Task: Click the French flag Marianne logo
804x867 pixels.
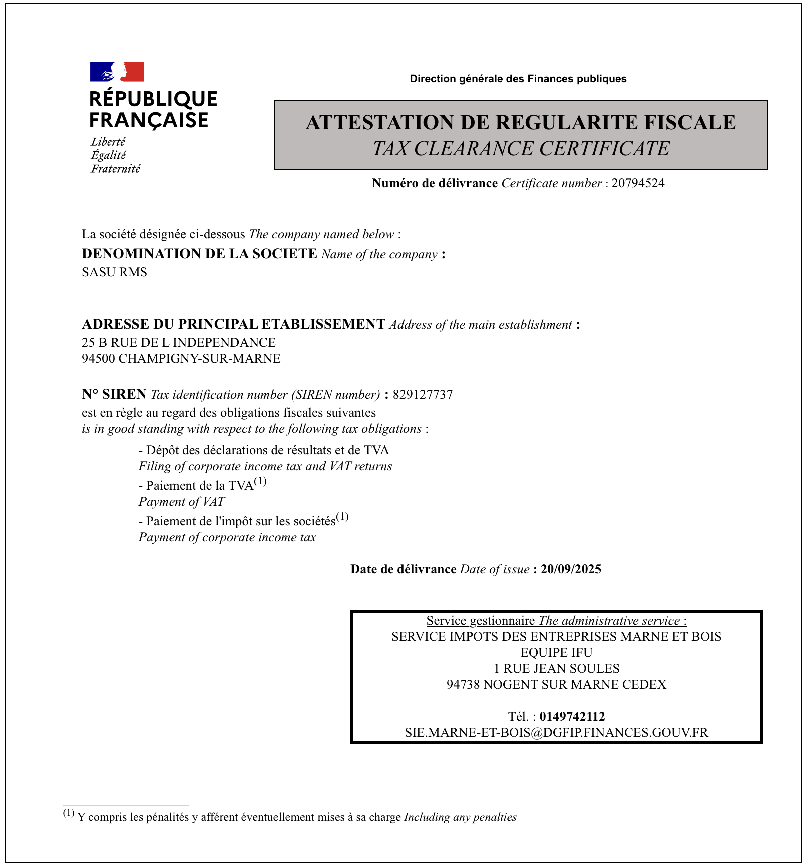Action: [x=117, y=72]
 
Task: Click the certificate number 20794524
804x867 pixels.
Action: [x=638, y=183]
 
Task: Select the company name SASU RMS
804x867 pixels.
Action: [x=114, y=272]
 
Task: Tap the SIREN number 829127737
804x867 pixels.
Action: [x=423, y=395]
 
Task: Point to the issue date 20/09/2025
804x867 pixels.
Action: [x=571, y=569]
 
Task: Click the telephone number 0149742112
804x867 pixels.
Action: [x=572, y=716]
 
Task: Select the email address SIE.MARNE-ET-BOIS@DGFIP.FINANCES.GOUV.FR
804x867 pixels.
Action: [x=556, y=732]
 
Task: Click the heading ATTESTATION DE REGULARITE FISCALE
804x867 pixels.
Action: [x=521, y=123]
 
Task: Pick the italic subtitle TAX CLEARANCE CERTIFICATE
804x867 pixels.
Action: [x=521, y=149]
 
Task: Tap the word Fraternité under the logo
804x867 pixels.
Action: [x=115, y=169]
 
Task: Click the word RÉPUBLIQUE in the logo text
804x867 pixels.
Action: [x=153, y=99]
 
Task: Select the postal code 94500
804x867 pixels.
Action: [x=98, y=359]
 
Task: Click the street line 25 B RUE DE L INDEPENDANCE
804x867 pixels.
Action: [x=179, y=343]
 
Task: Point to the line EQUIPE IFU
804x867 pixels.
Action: [x=556, y=652]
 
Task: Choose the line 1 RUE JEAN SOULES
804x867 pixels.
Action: [x=556, y=668]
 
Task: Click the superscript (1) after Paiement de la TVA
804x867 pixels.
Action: [x=260, y=482]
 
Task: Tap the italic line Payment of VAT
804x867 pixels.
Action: [x=182, y=502]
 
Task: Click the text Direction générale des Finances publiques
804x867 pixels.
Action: [x=518, y=79]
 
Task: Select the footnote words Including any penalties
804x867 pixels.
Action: [x=460, y=817]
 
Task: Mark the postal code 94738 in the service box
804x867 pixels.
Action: [x=463, y=684]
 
